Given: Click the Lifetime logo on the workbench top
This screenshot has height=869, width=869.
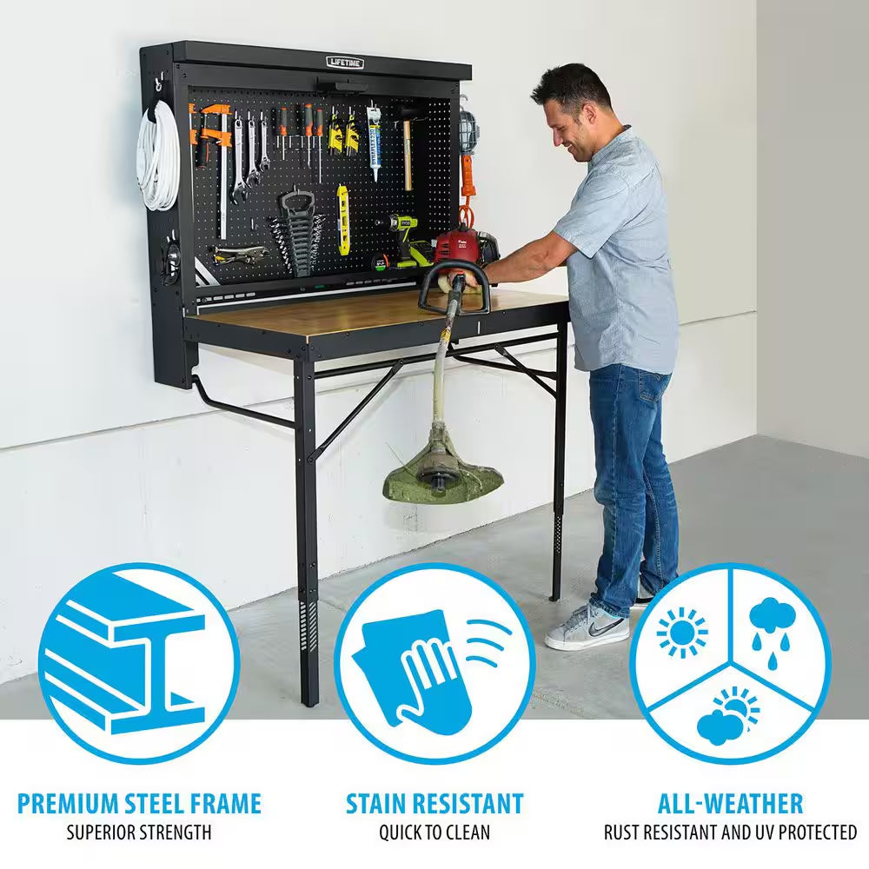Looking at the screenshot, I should (345, 63).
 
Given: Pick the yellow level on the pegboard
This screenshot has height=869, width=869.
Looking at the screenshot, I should (343, 219).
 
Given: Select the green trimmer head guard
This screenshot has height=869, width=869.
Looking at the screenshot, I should (443, 474).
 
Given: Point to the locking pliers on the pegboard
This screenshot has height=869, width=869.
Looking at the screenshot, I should (236, 254).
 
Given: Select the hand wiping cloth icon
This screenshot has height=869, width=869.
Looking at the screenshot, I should (426, 665).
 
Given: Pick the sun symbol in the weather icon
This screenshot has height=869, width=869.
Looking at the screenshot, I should (681, 631).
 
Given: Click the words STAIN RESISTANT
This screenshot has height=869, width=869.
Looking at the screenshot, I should (434, 803).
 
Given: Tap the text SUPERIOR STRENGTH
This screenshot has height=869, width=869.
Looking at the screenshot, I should (139, 833).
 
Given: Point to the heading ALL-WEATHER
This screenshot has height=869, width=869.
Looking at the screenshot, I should (730, 803).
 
